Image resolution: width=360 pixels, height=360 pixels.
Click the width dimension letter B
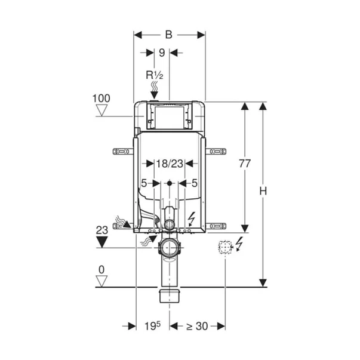coord(169,35)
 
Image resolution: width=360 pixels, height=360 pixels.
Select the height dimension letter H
coord(263,191)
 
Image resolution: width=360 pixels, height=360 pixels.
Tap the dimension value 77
coord(245,164)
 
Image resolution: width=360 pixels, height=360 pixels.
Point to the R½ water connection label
coord(154,75)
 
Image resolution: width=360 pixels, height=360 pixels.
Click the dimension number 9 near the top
coord(162,53)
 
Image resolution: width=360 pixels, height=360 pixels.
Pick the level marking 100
coord(101,99)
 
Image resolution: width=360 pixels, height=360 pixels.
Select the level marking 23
coord(102,230)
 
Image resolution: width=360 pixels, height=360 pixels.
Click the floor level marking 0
coord(101,270)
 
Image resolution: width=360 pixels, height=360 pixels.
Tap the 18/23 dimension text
coord(170,164)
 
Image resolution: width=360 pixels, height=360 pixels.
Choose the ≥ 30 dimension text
coord(197,326)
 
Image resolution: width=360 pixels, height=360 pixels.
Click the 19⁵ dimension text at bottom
coord(153,326)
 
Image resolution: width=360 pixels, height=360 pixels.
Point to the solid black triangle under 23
coord(102,242)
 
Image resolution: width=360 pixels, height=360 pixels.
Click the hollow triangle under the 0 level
coord(101,281)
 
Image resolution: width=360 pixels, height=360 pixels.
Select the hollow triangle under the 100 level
coord(101,110)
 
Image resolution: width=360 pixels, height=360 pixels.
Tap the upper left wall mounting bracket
coord(123,152)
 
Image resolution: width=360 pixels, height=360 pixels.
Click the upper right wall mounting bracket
coord(216,152)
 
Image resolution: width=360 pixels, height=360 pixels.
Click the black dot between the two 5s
coord(170,183)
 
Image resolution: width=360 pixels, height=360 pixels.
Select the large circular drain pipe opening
coord(170,248)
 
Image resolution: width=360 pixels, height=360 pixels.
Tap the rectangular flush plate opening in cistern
coord(170,117)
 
